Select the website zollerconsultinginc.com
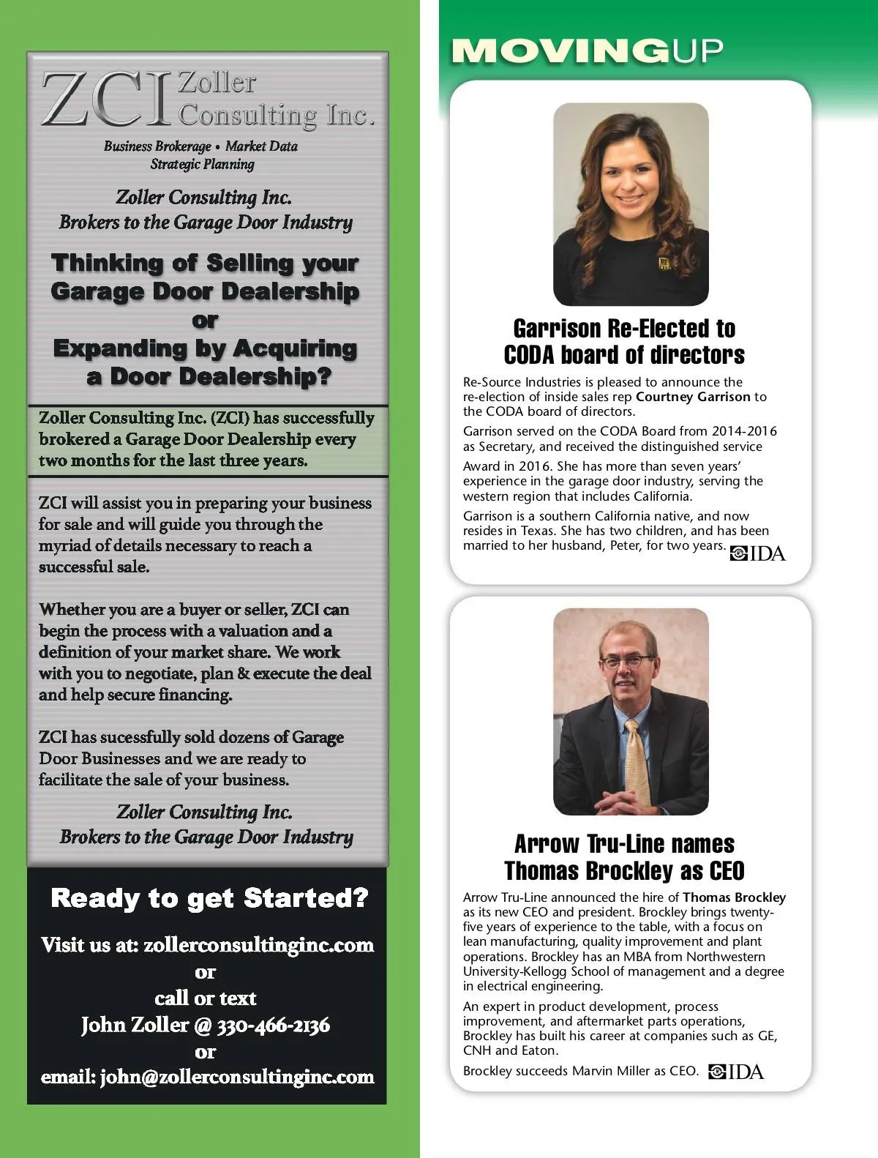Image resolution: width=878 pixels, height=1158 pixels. tap(258, 945)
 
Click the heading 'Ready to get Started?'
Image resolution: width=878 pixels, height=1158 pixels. tap(209, 898)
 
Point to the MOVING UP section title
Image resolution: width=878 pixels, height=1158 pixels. tap(588, 51)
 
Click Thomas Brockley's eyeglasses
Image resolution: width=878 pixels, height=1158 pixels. tap(625, 662)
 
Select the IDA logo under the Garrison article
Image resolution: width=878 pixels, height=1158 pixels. tap(758, 554)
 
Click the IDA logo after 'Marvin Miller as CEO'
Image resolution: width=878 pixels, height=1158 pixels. tap(736, 1072)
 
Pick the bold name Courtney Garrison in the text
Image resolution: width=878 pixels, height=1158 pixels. tap(693, 397)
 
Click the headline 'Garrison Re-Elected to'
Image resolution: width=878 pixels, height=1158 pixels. tap(624, 328)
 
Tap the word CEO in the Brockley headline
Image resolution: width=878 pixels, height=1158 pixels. tap(727, 871)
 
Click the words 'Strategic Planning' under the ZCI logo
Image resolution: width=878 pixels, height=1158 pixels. tap(203, 164)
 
